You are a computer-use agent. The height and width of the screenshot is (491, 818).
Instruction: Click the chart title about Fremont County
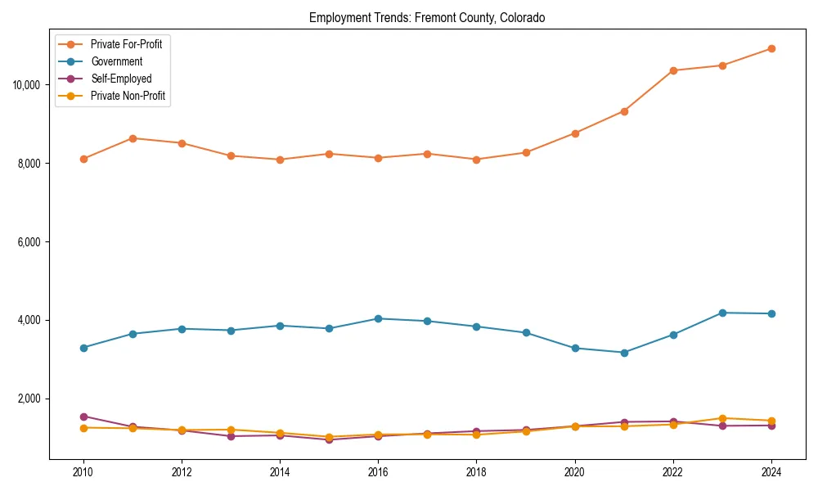(x=426, y=17)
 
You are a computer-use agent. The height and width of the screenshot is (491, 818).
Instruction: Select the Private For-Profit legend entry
(x=126, y=44)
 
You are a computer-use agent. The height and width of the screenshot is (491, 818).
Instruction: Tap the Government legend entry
(x=116, y=61)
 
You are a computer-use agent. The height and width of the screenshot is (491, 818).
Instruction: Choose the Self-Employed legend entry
(x=121, y=79)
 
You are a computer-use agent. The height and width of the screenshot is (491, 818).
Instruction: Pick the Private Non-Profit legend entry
(x=128, y=96)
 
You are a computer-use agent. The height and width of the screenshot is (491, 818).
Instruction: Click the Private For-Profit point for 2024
(x=771, y=48)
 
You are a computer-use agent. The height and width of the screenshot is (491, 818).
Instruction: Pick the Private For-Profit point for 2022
(x=672, y=70)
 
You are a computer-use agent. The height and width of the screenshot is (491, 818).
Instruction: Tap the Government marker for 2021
(x=623, y=353)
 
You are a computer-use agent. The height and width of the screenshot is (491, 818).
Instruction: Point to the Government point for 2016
(x=378, y=318)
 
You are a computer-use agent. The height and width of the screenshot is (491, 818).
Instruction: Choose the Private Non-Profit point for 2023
(x=721, y=418)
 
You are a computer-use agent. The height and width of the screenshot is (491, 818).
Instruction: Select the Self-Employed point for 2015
(x=329, y=439)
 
